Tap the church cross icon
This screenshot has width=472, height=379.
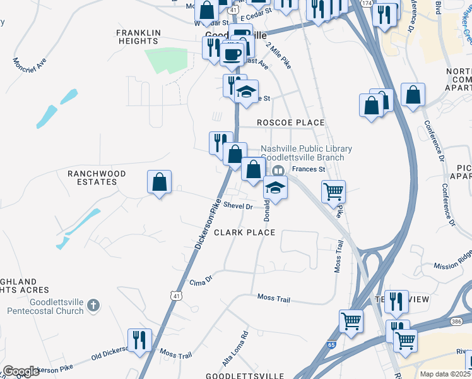tap(93, 306)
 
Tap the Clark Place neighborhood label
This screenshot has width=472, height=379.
tap(244, 232)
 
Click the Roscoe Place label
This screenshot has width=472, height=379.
tap(290, 123)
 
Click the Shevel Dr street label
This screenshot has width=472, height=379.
tap(238, 207)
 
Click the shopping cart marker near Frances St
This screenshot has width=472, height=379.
tap(333, 191)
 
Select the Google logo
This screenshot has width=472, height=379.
tap(21, 371)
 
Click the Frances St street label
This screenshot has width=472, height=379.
tap(308, 169)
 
